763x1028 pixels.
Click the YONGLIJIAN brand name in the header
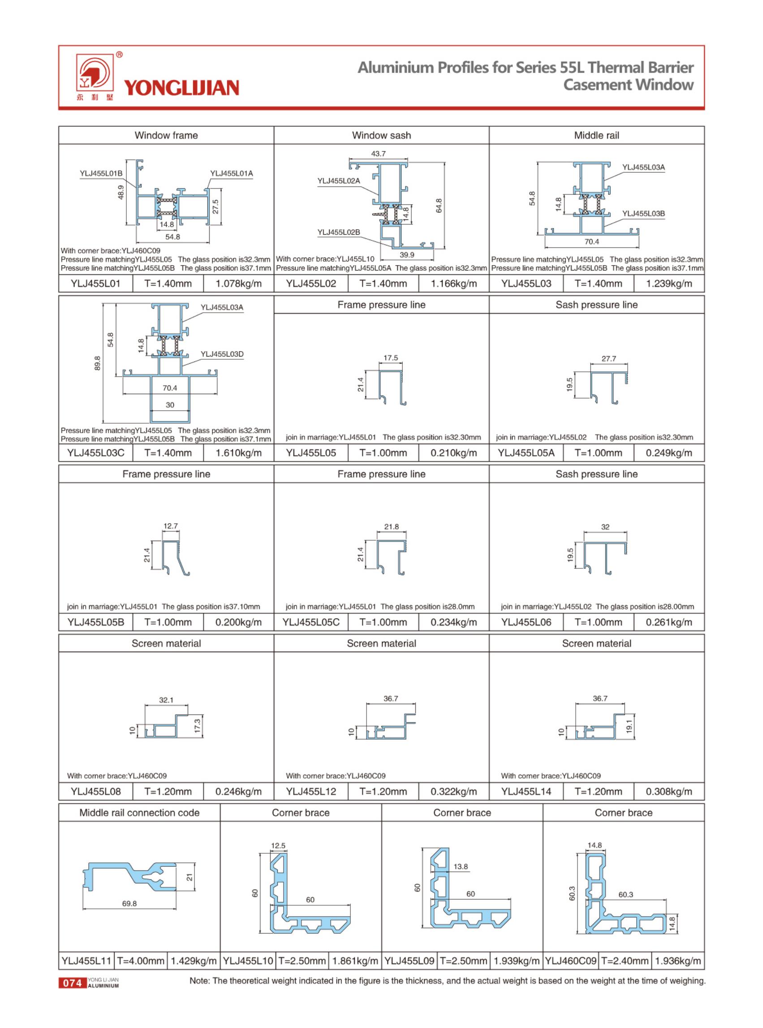[181, 87]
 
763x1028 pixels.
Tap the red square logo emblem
[95, 73]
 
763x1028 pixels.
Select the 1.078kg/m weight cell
[238, 284]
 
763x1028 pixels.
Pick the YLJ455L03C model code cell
[95, 453]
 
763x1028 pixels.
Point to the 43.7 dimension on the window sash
[378, 154]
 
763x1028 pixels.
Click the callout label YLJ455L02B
[339, 232]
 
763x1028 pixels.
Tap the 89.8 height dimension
[98, 363]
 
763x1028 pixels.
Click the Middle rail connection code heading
[139, 813]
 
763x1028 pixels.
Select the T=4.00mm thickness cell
[140, 961]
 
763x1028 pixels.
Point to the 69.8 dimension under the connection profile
[129, 903]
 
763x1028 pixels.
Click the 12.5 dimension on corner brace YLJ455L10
[278, 846]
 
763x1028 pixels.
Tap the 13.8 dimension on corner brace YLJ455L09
[461, 866]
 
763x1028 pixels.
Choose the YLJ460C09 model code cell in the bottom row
[571, 961]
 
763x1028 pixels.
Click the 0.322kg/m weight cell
[453, 791]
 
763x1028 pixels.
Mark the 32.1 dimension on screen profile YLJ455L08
[166, 700]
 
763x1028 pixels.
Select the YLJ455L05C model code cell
[311, 622]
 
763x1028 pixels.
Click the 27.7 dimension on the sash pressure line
[609, 358]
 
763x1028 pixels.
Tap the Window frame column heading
[166, 135]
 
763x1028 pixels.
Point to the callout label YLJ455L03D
[222, 354]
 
